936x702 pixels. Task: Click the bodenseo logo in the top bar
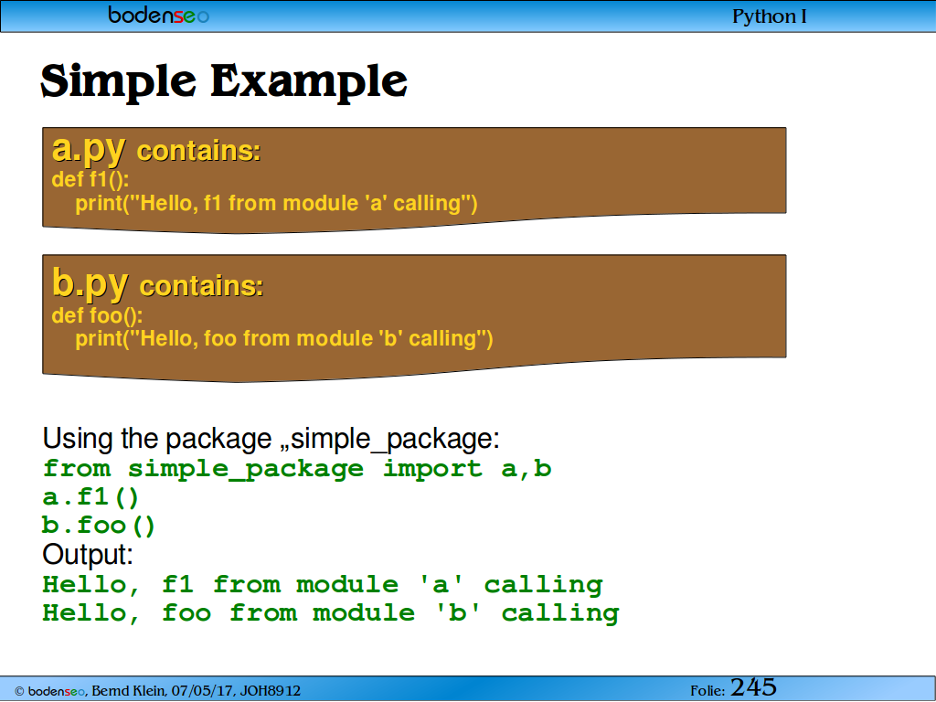coord(159,15)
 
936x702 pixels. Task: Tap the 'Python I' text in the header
coord(769,16)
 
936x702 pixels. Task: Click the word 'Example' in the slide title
coord(309,80)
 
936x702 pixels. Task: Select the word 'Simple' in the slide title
coord(118,82)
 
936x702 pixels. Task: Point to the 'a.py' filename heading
coord(89,149)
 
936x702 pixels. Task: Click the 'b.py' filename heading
coord(90,283)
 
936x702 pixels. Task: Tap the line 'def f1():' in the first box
coord(90,179)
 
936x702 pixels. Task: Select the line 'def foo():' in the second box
coord(97,315)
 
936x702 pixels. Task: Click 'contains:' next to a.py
coord(198,151)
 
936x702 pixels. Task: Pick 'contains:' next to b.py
coord(201,286)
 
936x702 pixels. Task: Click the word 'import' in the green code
coord(432,469)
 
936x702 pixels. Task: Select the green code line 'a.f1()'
coord(90,497)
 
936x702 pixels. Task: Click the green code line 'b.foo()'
coord(99,526)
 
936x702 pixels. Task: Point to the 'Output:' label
coord(88,555)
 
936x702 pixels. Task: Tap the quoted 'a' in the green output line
coord(441,584)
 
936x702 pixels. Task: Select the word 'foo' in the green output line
coord(186,613)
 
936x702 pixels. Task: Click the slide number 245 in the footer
coord(753,687)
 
